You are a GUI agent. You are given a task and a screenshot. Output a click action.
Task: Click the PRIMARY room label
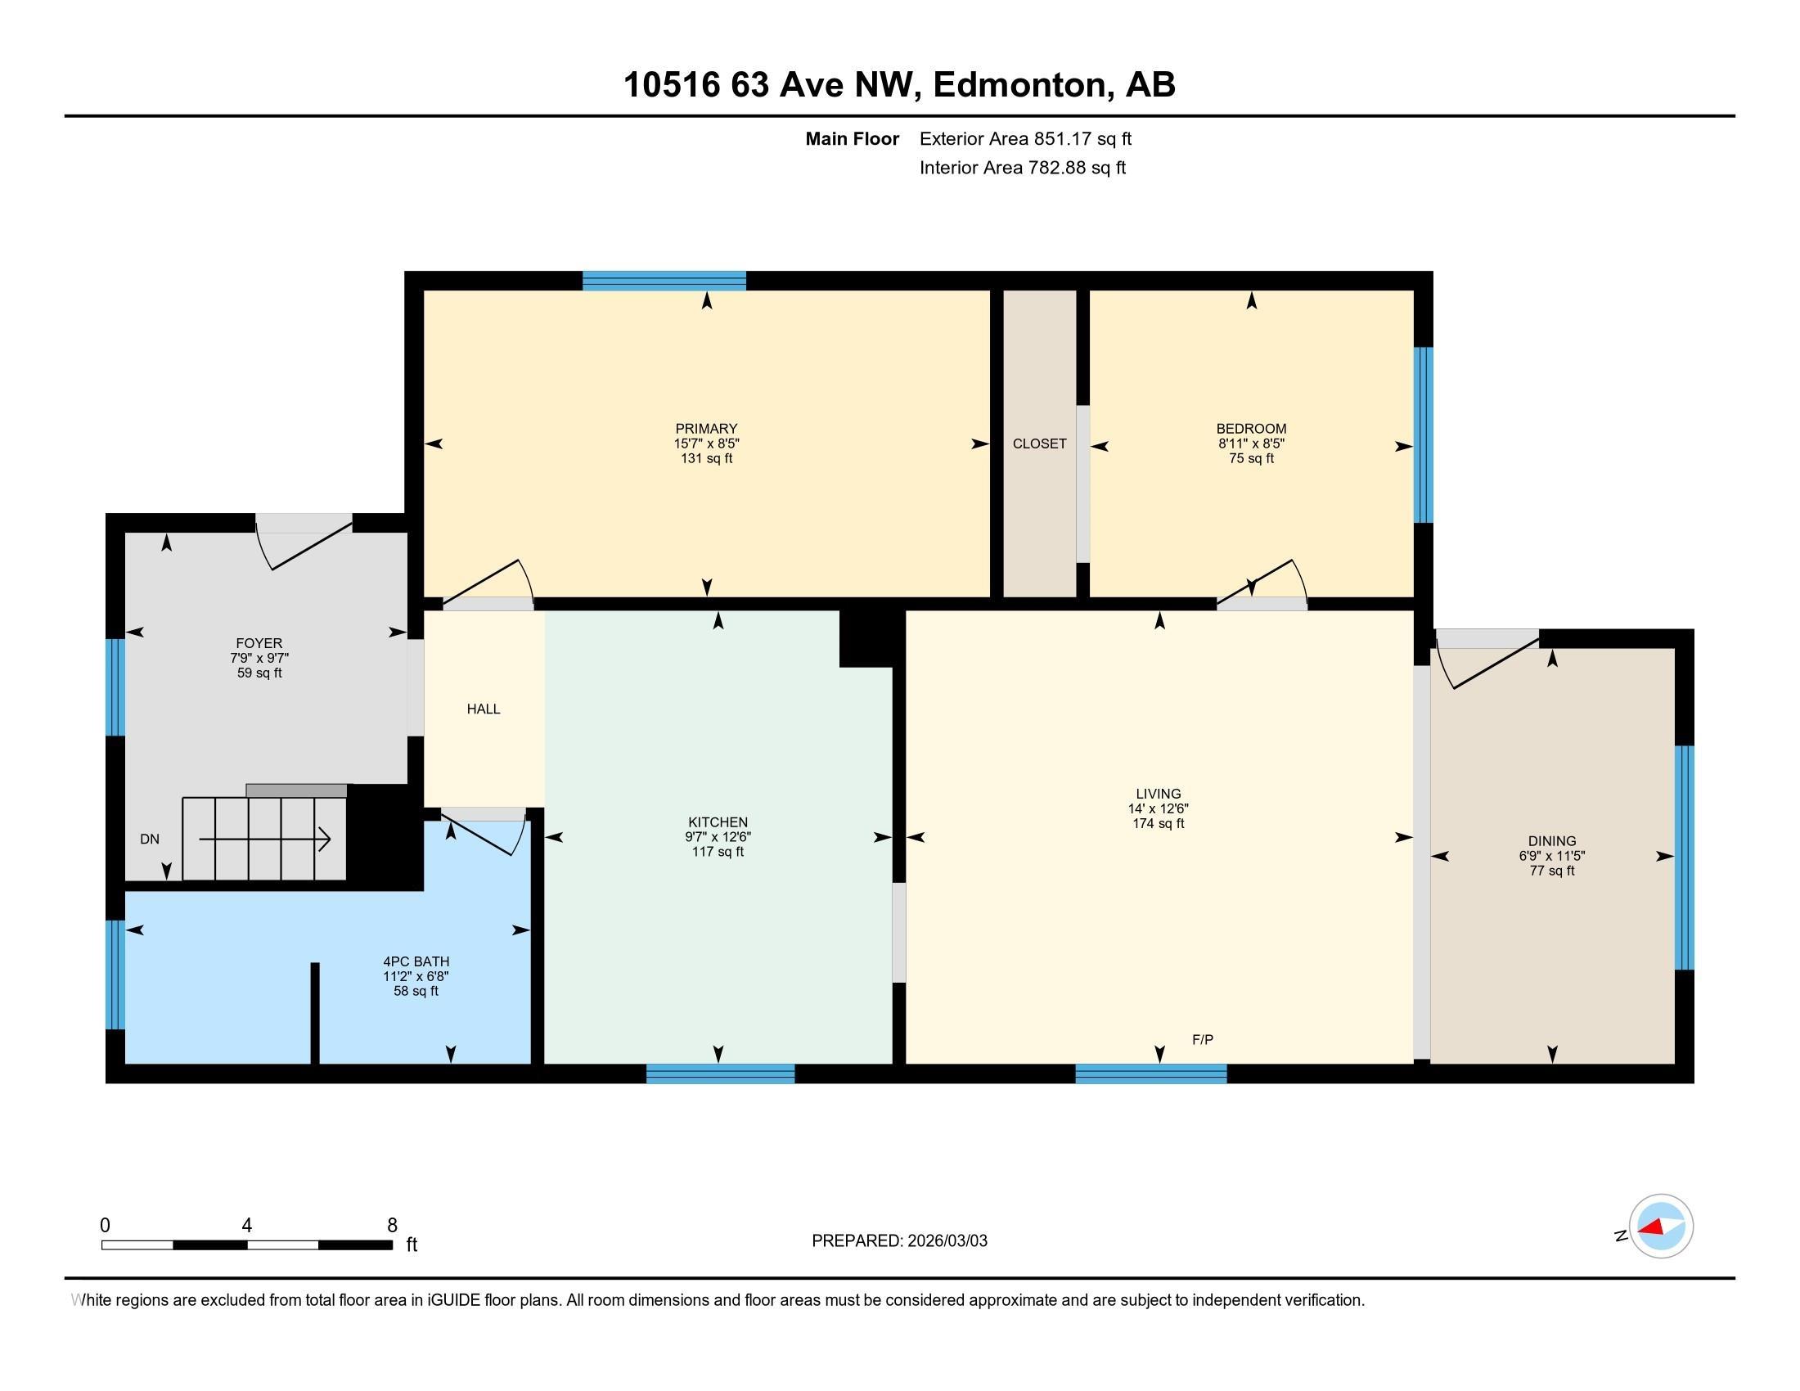click(705, 429)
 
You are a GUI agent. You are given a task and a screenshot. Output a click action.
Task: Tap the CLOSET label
click(1039, 443)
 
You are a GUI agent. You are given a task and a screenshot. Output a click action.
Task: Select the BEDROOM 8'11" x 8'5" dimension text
click(1251, 443)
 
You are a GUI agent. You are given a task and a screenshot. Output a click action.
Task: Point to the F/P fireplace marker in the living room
click(1203, 1040)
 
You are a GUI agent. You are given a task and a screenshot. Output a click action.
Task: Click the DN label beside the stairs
click(149, 839)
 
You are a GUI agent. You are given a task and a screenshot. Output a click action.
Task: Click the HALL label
click(483, 709)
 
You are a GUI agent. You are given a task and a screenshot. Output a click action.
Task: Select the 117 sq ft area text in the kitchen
click(718, 852)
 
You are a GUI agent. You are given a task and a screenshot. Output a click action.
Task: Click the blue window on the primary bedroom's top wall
click(664, 281)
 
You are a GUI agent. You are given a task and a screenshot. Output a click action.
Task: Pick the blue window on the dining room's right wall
click(1684, 857)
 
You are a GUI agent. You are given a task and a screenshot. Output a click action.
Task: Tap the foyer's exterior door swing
click(305, 544)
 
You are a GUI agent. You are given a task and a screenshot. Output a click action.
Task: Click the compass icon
click(1661, 1227)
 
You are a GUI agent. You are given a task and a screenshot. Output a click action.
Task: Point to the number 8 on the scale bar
click(392, 1226)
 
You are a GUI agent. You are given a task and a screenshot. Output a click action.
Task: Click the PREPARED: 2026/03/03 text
click(899, 1241)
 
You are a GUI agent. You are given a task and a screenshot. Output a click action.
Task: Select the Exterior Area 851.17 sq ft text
click(1025, 139)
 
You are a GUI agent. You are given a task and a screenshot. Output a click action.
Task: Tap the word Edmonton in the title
click(1019, 85)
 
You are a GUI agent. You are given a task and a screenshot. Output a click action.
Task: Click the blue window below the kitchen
click(720, 1074)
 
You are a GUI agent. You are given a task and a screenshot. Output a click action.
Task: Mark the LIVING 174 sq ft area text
click(1158, 823)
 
